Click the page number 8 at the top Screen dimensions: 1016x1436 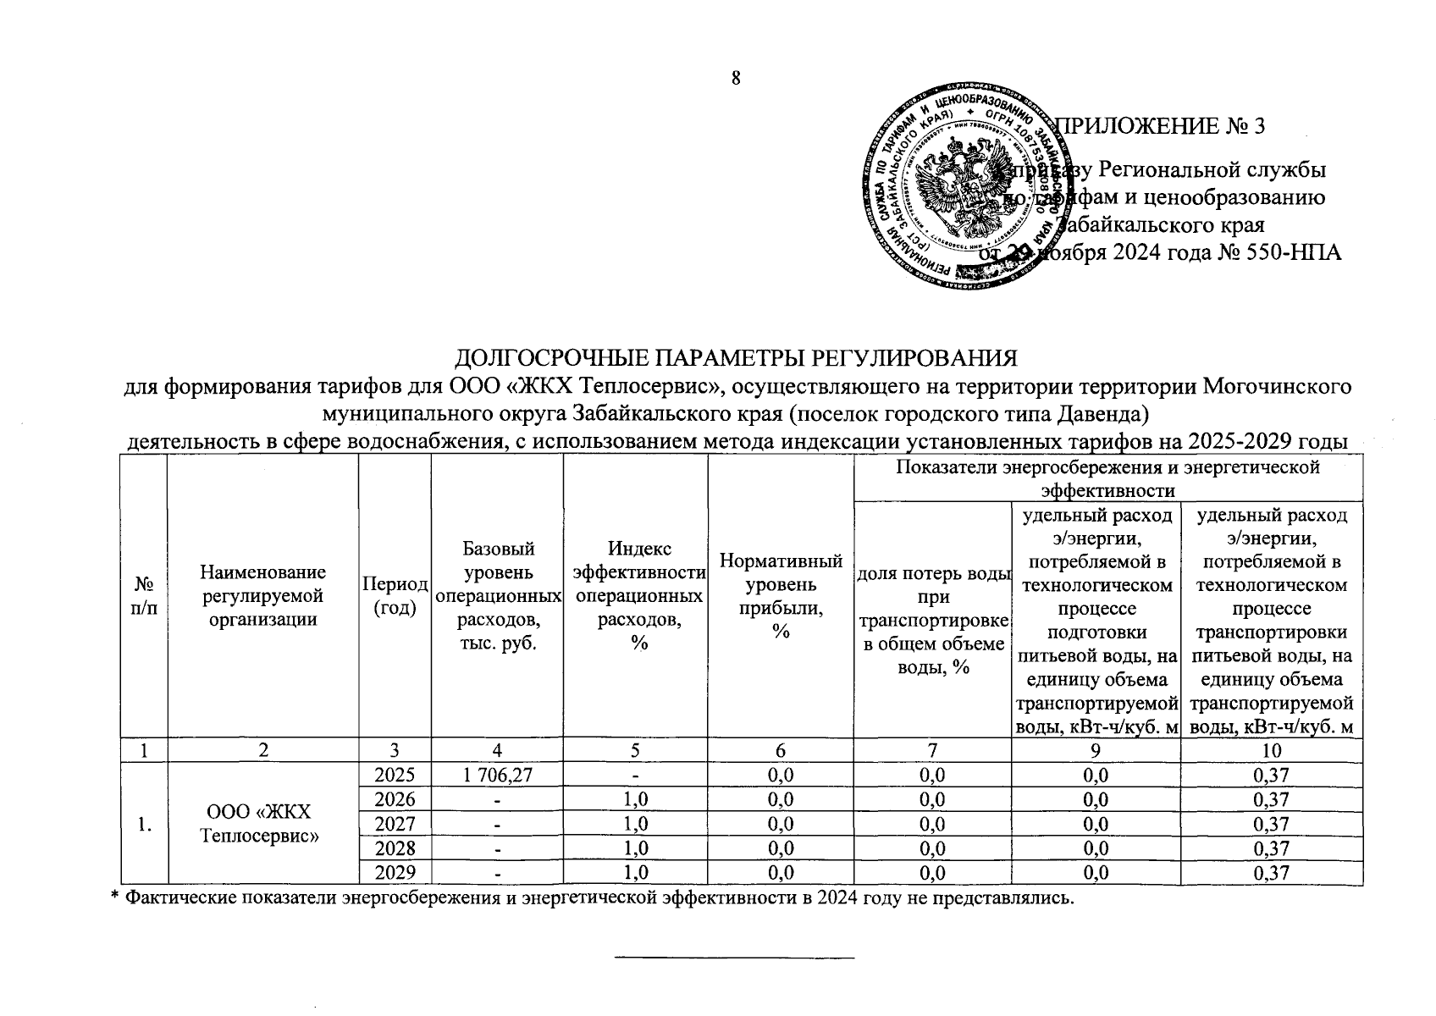[x=736, y=78]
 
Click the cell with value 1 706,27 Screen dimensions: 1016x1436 [x=497, y=774]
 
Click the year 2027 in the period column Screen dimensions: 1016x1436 [x=395, y=824]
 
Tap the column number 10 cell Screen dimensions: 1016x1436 [x=1272, y=749]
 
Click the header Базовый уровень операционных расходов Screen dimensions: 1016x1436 [x=497, y=596]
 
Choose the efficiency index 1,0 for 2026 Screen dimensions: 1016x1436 [x=636, y=799]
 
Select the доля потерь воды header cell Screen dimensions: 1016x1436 [x=933, y=620]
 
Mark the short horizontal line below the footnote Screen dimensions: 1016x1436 [x=734, y=958]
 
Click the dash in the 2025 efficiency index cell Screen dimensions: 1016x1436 [x=636, y=775]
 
